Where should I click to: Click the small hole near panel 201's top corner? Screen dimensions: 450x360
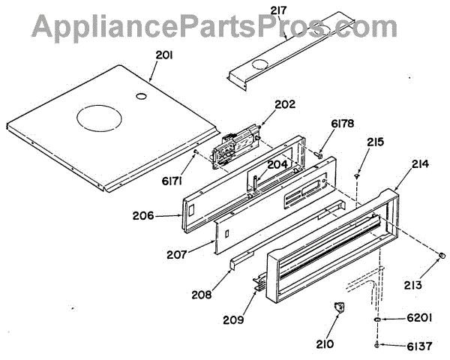click(139, 97)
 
